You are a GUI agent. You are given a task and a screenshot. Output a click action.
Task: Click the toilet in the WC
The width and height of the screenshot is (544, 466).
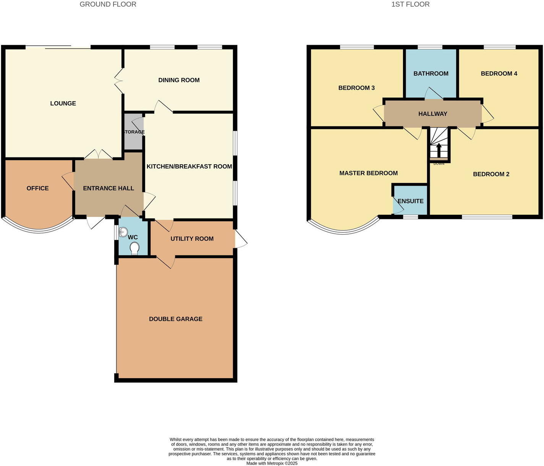134,248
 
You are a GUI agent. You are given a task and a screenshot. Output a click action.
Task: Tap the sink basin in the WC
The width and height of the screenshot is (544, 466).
123,231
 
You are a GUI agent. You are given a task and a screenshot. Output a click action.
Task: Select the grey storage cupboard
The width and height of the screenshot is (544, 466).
133,132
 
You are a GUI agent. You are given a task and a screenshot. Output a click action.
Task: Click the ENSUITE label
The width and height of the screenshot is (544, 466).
410,201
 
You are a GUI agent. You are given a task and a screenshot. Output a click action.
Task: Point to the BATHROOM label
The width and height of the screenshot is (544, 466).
431,73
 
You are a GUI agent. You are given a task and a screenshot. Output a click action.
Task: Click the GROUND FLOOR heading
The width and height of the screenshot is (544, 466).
108,4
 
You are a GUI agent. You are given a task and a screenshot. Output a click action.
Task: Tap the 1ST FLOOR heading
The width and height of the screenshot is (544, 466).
410,4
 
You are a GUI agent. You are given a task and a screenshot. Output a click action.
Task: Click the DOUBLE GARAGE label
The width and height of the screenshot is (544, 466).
175,319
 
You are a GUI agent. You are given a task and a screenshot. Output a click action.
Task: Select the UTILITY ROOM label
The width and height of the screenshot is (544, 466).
192,239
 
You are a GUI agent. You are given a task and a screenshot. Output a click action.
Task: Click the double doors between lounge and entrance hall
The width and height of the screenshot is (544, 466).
98,154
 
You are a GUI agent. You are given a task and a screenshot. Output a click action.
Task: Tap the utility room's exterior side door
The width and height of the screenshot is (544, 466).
241,239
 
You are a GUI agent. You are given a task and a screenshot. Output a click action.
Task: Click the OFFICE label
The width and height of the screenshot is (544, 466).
37,188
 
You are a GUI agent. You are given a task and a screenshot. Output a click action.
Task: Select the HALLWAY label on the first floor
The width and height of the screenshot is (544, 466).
432,114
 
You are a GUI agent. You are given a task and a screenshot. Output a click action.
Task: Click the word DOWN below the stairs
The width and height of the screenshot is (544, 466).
439,164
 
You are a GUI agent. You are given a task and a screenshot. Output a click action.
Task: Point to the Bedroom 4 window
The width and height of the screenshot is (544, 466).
499,47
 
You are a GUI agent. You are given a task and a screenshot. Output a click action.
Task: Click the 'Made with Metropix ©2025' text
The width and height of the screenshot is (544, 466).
272,463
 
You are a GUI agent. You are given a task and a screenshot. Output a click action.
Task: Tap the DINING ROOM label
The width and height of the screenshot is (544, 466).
179,80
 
